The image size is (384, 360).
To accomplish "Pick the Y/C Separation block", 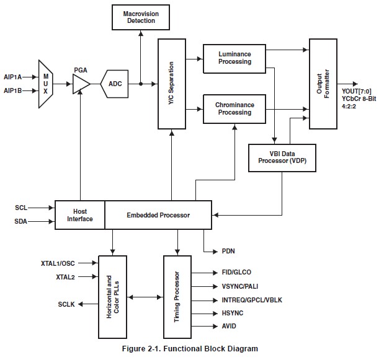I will [171, 84].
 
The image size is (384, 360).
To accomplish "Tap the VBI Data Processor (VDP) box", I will [282, 158].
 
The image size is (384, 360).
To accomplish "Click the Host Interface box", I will [80, 214].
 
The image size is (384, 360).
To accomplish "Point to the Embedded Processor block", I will [158, 214].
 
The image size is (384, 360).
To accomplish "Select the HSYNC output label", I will [224, 314].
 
